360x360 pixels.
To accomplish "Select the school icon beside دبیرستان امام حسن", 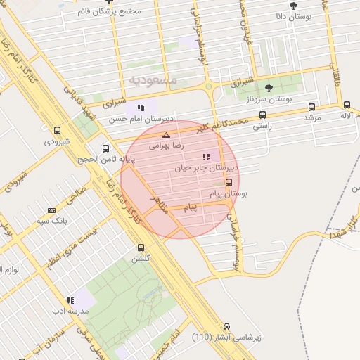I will [141, 108].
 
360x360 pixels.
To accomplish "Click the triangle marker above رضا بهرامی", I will [166, 135].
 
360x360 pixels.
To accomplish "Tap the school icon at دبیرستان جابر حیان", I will [205, 157].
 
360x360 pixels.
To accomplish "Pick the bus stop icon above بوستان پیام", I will [229, 181].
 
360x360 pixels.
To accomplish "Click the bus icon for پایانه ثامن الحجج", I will [105, 148].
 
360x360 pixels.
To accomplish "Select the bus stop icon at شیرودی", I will [57, 130].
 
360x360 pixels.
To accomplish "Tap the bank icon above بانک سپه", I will [51, 210].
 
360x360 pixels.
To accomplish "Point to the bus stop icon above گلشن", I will [141, 247].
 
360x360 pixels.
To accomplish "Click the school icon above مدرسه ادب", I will [70, 300].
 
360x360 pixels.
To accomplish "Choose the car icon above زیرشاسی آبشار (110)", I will [226, 327].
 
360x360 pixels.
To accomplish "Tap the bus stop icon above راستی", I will [262, 115].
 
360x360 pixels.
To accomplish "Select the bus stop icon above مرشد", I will [311, 107].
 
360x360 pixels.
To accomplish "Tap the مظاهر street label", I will [160, 205].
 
